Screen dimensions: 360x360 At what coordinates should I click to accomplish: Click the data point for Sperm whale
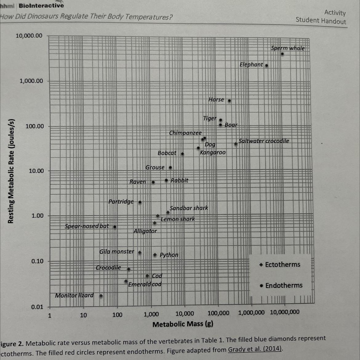[x=282, y=54]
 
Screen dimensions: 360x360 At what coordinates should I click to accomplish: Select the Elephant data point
[x=266, y=66]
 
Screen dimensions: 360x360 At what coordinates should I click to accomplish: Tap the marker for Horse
[x=229, y=101]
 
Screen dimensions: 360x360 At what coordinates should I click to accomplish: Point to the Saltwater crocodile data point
[x=236, y=144]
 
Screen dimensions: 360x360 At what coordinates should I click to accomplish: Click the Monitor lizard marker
[x=101, y=296]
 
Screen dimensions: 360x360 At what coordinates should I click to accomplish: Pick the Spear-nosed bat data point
[x=115, y=227]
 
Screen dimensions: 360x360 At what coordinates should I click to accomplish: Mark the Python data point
[x=155, y=255]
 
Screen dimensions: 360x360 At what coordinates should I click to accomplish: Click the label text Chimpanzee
[x=185, y=133]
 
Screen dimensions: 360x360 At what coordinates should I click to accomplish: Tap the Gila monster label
[x=117, y=252]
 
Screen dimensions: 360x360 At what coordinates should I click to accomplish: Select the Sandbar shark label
[x=189, y=208]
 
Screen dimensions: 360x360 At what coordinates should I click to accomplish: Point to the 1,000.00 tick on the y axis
[x=31, y=81]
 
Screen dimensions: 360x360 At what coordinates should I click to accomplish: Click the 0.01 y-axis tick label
[x=37, y=307]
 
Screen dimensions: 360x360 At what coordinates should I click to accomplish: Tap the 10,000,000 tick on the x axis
[x=285, y=312]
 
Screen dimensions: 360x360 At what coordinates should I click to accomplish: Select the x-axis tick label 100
[x=117, y=315]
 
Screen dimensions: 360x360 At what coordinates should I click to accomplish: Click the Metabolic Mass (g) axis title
[x=183, y=324]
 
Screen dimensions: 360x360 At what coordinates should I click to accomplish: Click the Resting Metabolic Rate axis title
[x=11, y=171]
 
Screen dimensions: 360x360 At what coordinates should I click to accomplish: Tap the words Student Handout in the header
[x=321, y=21]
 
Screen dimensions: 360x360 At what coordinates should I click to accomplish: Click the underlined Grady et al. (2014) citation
[x=255, y=349]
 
